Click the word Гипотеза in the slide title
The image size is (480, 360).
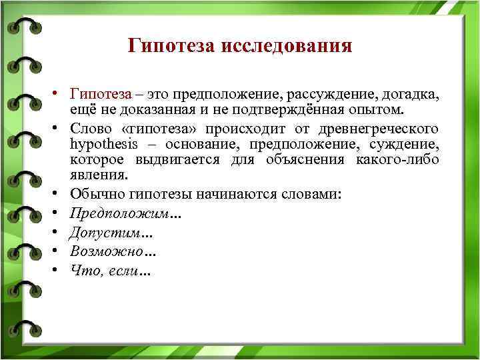[x=171, y=46]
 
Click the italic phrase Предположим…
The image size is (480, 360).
[x=125, y=213]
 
